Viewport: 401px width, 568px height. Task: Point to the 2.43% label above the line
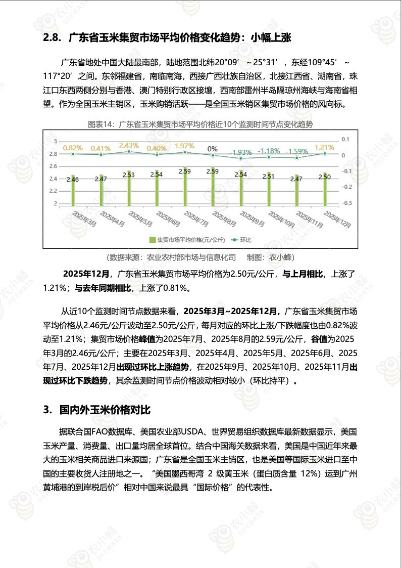tap(129, 145)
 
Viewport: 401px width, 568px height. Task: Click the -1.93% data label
tap(240, 152)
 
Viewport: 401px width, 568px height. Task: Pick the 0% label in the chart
tap(213, 149)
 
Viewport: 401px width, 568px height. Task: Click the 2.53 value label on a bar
tap(129, 175)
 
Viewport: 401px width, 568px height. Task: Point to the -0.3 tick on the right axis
tap(346, 203)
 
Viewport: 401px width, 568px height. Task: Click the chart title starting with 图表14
tap(201, 124)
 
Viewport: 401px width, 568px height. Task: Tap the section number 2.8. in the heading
tap(53, 37)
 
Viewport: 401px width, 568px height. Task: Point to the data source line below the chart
tap(201, 257)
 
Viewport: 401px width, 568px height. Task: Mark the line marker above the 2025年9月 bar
tap(240, 158)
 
